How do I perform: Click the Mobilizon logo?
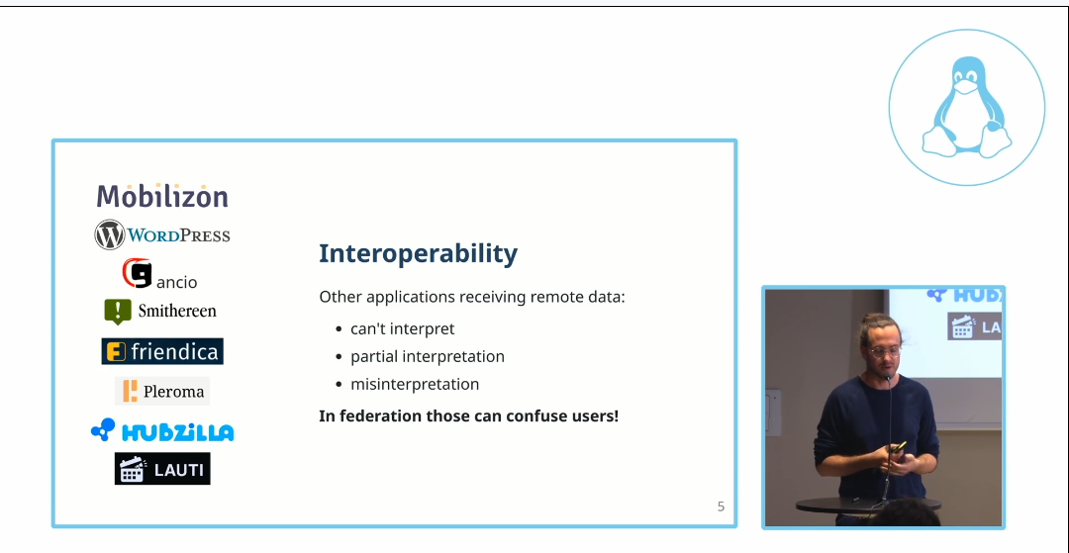pyautogui.click(x=162, y=196)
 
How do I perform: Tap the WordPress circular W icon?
pyautogui.click(x=109, y=234)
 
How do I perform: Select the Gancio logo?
pyautogui.click(x=158, y=274)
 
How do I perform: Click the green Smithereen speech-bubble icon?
pyautogui.click(x=117, y=311)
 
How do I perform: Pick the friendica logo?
pyautogui.click(x=162, y=351)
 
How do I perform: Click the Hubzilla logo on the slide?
pyautogui.click(x=162, y=431)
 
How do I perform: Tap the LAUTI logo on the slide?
pyautogui.click(x=162, y=469)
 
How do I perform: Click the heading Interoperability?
pyautogui.click(x=418, y=253)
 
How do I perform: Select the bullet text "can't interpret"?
pyautogui.click(x=402, y=328)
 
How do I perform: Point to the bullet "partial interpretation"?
pyautogui.click(x=427, y=356)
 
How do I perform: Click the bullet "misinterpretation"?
pyautogui.click(x=414, y=384)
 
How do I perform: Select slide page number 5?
pyautogui.click(x=721, y=507)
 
